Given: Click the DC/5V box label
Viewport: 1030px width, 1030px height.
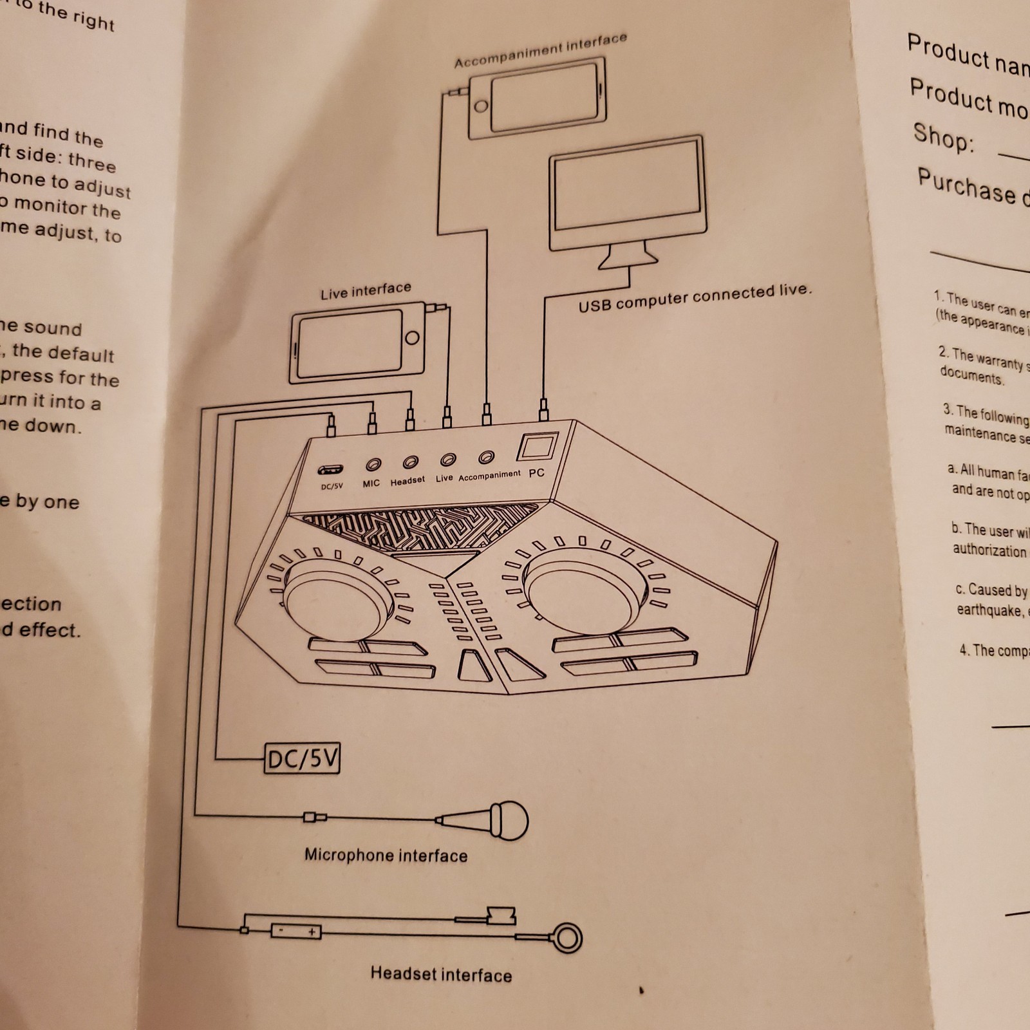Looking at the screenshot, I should (302, 760).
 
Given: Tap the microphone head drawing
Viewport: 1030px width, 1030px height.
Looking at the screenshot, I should (509, 820).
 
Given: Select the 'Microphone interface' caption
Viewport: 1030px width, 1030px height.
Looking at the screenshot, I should (386, 856).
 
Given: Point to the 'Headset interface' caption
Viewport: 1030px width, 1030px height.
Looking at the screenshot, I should (441, 974).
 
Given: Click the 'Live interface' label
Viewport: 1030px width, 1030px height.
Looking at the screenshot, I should (366, 291).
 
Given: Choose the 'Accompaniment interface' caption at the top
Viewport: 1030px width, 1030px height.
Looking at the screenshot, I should (540, 50).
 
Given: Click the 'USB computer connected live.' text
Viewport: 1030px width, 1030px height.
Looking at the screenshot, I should (695, 297).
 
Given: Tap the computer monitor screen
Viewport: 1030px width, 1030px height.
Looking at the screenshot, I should (626, 192).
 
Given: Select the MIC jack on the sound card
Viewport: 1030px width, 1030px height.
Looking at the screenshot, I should (373, 464).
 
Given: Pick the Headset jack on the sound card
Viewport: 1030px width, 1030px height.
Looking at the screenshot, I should (410, 462).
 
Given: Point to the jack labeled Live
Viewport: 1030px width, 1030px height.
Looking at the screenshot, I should (448, 460).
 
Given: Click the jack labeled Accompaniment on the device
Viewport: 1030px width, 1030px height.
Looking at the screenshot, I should (487, 457).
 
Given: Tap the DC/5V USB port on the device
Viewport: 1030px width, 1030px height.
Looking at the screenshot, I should (330, 469).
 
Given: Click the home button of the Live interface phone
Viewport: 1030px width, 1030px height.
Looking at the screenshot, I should (411, 338).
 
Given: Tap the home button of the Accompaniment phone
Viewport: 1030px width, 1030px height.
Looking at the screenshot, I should (480, 106).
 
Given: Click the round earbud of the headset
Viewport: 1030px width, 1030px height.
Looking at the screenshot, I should (568, 939).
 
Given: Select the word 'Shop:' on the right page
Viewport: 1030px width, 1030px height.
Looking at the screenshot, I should (943, 137).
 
